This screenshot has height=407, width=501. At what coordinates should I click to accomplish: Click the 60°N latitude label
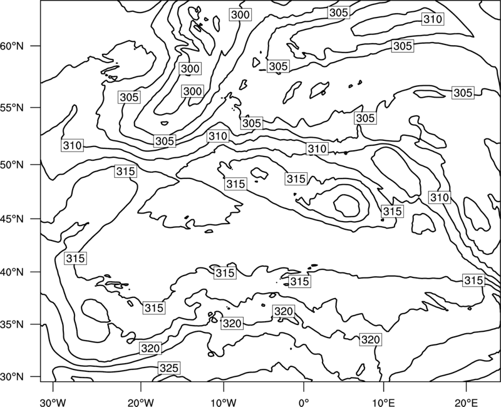pos(12,46)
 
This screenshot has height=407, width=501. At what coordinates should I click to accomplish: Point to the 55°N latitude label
pos(12,108)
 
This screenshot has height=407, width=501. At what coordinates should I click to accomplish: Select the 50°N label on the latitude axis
pos(12,165)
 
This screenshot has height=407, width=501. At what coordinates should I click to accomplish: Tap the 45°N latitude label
pos(12,219)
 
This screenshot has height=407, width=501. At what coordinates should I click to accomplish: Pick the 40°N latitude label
pos(12,272)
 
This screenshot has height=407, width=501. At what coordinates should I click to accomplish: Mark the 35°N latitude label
pos(12,324)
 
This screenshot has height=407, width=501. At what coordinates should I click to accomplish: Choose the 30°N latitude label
pos(12,377)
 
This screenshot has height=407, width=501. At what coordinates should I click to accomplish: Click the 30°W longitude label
pos(53,403)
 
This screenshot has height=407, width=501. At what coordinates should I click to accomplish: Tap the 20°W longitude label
pos(141,403)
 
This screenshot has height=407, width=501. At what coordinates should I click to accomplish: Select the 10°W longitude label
pos(224,403)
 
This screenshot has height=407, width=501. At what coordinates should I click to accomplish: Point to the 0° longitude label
pos(304,403)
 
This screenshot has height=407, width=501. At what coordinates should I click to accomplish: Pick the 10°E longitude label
pos(384,403)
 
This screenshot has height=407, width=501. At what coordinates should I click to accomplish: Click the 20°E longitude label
pos(466,403)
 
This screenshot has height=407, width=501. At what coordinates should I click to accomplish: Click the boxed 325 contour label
pos(169,368)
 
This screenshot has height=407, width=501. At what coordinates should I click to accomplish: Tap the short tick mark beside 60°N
pos(36,46)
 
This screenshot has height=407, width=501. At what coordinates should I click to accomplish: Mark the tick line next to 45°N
pos(36,219)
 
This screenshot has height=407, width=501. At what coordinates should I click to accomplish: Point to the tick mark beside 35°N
pos(36,324)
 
